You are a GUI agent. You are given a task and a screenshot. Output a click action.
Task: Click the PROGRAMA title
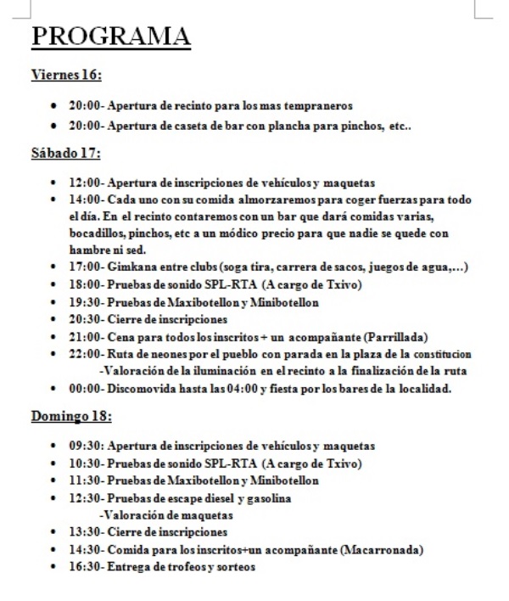(x=110, y=37)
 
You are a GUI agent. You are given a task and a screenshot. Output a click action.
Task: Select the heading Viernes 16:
(x=66, y=76)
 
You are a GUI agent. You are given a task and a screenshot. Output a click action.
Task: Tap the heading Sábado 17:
(x=65, y=154)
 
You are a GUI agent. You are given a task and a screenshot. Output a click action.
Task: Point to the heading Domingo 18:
(x=71, y=417)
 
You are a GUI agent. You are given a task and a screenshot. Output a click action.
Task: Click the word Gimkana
(x=124, y=268)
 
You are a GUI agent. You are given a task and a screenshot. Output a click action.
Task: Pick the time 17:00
(x=81, y=268)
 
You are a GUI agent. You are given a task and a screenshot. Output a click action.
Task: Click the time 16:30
(x=81, y=566)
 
